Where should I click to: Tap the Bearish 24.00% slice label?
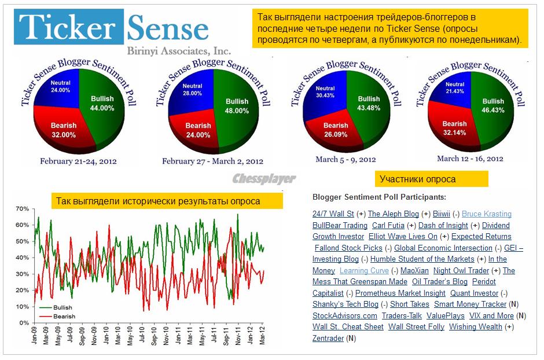198,130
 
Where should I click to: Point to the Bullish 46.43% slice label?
493,105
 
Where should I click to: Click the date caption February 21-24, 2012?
79,161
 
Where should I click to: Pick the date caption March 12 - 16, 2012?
470,159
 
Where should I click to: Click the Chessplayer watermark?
264,179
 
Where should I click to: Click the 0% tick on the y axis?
24,322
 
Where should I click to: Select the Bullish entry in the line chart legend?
63,308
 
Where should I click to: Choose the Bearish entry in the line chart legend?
63,317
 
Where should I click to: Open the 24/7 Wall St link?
333,214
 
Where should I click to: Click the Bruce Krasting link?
487,214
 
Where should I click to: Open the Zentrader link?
328,338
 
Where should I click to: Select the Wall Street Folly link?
416,326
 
